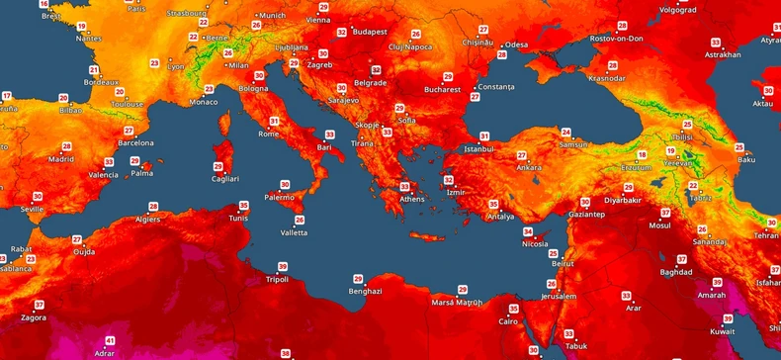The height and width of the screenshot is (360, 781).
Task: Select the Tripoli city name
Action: [x=279, y=279]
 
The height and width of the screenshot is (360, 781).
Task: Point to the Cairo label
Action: [x=508, y=321]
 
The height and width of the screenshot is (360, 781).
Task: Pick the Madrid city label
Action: [x=61, y=158]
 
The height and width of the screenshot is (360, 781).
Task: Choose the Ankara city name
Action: [x=529, y=167]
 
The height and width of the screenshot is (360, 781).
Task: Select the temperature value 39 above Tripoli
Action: [x=283, y=267]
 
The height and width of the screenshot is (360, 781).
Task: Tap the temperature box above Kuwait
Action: [x=727, y=318]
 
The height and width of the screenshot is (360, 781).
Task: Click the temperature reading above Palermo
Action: [x=285, y=184]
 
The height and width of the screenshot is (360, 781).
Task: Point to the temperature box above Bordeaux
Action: [x=94, y=70]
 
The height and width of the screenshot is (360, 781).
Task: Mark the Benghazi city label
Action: [x=364, y=291]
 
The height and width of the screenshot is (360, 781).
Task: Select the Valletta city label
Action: [x=295, y=232]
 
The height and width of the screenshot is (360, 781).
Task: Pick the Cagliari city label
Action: [x=224, y=178]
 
